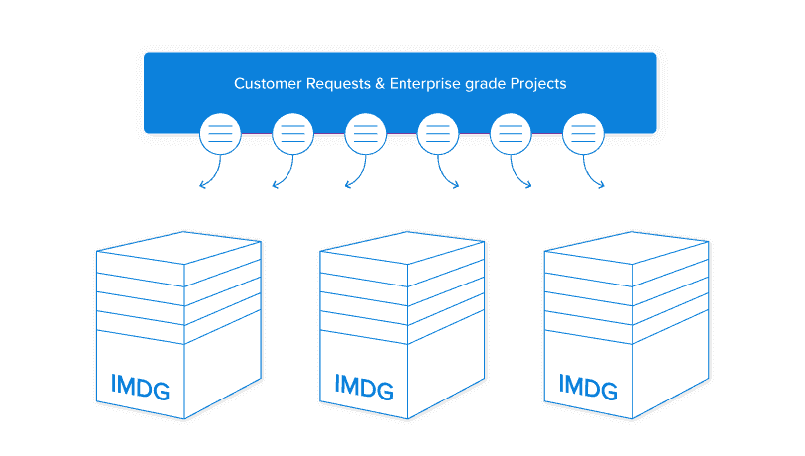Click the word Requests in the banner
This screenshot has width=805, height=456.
coord(337,84)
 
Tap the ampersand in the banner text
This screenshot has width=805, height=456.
coord(382,84)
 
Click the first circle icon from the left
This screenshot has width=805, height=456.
coord(220,133)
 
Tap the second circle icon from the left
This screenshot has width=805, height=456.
coord(292,133)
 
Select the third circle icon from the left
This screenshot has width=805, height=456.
coord(365,133)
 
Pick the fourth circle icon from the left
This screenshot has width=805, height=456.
coord(437,133)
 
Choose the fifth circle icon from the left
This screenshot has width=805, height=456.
coord(511,133)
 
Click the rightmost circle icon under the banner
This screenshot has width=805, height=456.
coord(583,133)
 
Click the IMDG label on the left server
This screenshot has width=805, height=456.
coord(141,386)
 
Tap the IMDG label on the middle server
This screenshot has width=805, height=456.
coord(365,383)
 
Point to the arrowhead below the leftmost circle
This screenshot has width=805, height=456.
coord(202,185)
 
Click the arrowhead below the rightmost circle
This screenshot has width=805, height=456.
coord(601,185)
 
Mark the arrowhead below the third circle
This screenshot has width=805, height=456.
coord(347,185)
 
